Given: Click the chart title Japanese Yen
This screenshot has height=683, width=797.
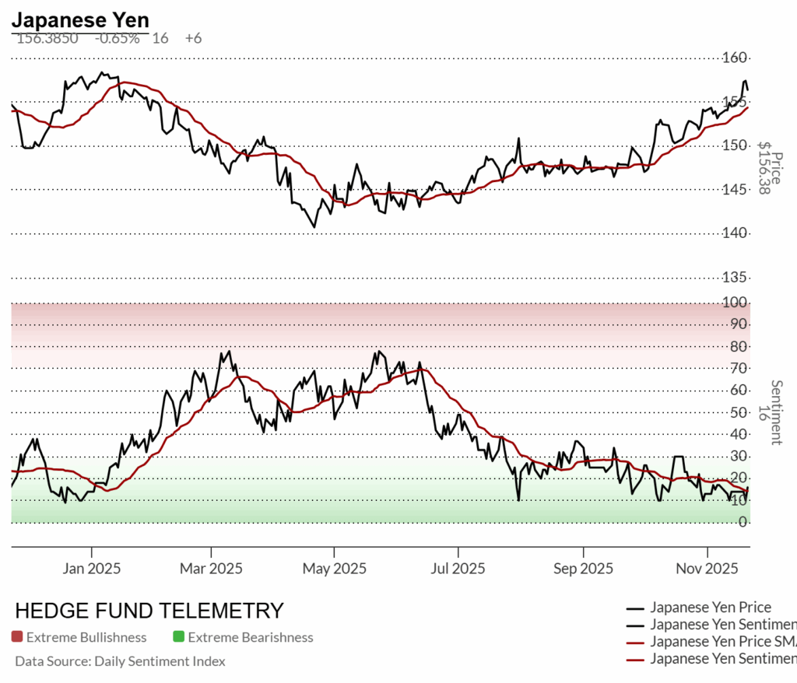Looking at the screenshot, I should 80,19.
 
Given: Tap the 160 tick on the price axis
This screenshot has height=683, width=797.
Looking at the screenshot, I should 736,58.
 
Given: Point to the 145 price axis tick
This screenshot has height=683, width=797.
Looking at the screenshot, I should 736,189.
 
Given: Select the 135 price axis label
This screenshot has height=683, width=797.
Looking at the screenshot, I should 736,277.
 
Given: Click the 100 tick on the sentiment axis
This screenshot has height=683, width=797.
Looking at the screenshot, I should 738,302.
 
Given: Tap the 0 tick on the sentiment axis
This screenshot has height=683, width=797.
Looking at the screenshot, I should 743,522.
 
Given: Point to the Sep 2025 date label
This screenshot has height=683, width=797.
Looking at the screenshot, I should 582,569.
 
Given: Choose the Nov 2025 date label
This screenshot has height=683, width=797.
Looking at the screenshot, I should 707,569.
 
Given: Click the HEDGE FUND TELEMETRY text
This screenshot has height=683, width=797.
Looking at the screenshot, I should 149,611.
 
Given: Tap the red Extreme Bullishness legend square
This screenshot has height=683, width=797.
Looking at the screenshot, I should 17,638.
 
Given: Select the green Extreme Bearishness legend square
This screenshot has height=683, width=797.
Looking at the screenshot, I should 179,638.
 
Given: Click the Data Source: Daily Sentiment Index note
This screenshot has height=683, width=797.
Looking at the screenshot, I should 120,661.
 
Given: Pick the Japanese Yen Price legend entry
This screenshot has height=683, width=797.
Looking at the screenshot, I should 710,608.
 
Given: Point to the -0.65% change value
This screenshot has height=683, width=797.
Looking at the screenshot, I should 117,38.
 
